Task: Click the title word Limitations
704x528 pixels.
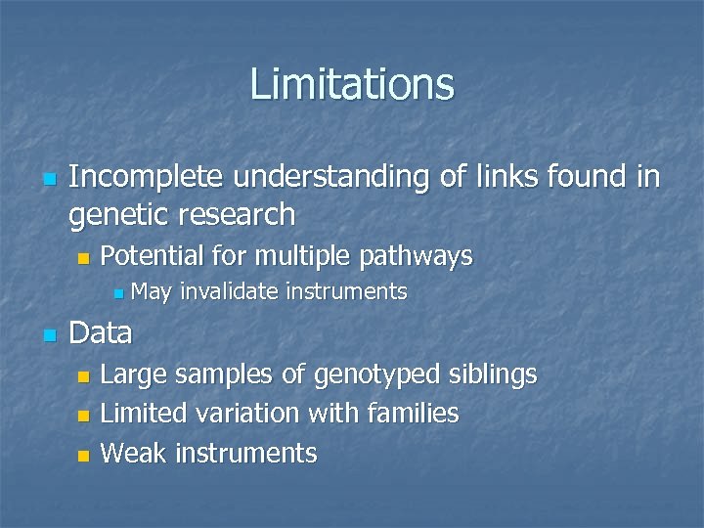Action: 352,84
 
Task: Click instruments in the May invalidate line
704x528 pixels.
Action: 346,291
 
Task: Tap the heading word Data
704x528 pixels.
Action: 101,333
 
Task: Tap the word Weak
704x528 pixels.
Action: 134,453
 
